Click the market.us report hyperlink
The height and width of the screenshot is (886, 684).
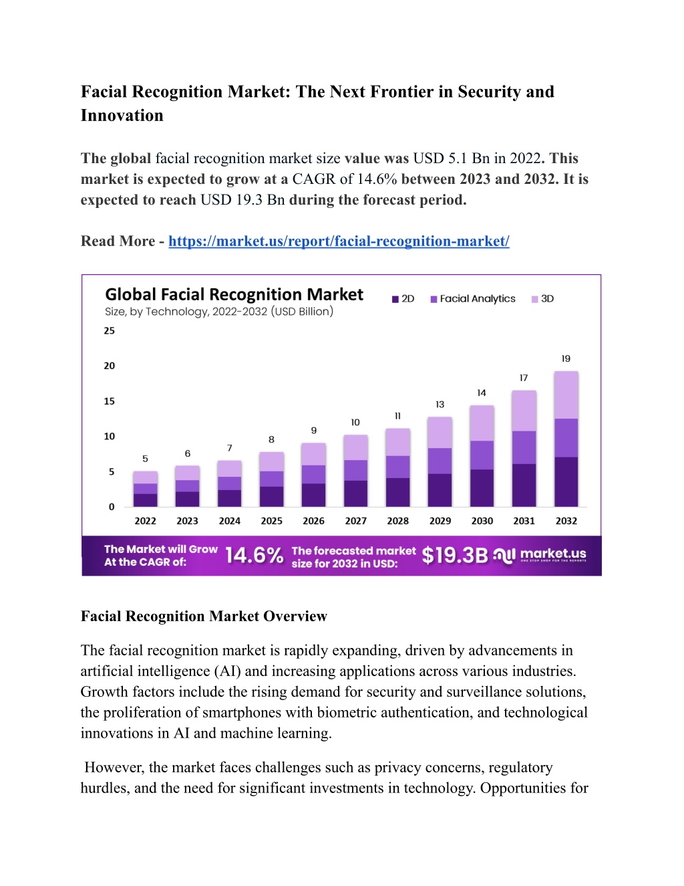[x=339, y=241]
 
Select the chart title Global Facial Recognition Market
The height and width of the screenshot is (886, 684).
[x=234, y=294]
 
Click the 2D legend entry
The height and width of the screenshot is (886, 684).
[x=403, y=299]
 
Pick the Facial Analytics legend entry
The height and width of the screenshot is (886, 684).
[x=473, y=299]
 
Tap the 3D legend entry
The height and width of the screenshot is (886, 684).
[x=542, y=299]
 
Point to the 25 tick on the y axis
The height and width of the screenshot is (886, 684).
[x=109, y=331]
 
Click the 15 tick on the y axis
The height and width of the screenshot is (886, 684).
[x=109, y=401]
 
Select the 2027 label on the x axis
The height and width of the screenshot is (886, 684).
[x=356, y=521]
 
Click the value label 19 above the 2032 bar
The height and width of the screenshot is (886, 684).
[x=566, y=359]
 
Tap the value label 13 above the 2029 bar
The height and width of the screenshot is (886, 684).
[x=440, y=405]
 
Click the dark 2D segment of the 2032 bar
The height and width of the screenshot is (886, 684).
[x=566, y=482]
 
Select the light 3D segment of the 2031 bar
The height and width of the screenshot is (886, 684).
[x=524, y=411]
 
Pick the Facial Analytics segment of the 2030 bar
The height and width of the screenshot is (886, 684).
[x=482, y=455]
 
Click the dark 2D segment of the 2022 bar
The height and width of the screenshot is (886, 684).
[x=146, y=500]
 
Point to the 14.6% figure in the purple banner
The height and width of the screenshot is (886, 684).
[x=254, y=555]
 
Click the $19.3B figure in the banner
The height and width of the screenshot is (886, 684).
[x=455, y=555]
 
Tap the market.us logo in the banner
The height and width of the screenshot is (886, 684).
[x=540, y=555]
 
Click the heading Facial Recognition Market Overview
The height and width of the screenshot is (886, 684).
[x=204, y=616]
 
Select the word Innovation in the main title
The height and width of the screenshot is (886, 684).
[x=122, y=116]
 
